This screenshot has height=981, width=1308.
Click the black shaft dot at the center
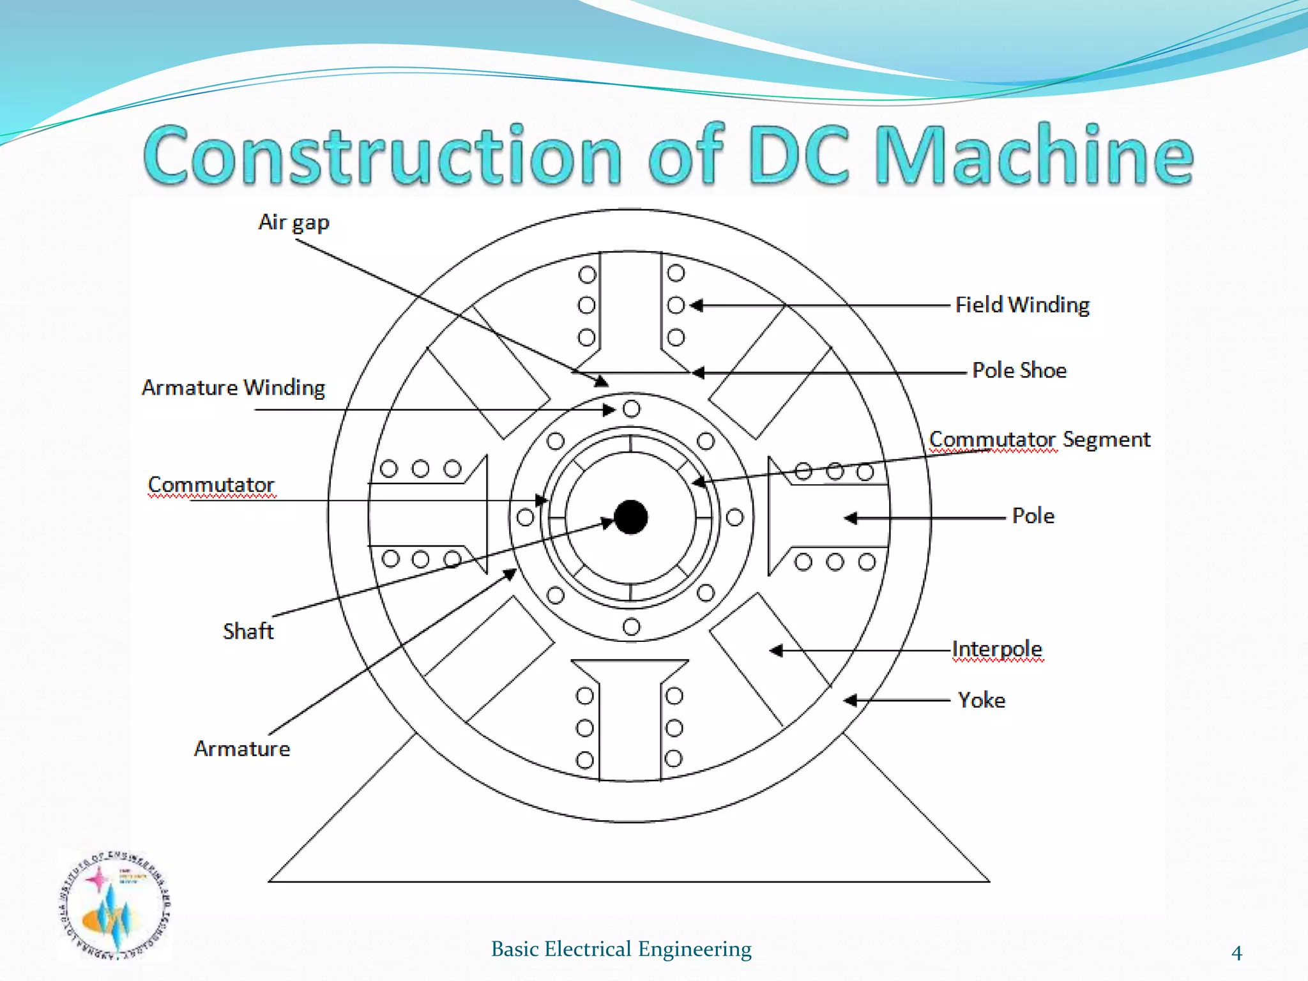[x=630, y=517]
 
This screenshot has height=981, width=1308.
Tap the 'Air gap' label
[x=294, y=222]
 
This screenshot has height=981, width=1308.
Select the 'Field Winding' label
[x=1022, y=305]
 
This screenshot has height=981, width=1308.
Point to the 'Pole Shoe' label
[x=1019, y=370]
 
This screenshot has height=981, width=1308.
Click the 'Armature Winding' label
[x=233, y=388]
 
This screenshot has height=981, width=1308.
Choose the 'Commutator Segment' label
[x=1039, y=439]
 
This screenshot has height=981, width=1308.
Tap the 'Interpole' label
[x=997, y=649]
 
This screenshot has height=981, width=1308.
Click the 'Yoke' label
[x=982, y=700]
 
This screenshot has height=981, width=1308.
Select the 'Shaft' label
[x=248, y=631]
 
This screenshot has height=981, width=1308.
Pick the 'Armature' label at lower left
[x=242, y=749]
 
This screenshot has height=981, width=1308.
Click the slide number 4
[x=1236, y=953]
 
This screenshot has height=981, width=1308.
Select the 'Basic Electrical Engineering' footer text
[x=621, y=949]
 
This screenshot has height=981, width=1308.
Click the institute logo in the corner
[x=114, y=905]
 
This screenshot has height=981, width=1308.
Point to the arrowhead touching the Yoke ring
[x=850, y=701]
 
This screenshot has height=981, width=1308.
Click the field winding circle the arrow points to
[x=676, y=305]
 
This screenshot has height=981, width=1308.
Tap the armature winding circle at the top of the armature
[x=631, y=409]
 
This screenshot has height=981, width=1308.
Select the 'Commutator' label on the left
[x=211, y=485]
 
